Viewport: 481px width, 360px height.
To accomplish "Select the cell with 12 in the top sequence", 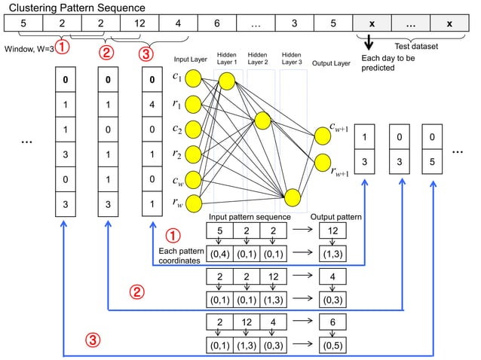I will click(140, 23).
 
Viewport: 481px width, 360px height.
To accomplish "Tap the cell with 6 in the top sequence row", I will click(217, 23).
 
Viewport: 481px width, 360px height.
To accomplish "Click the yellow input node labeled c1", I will click(192, 78).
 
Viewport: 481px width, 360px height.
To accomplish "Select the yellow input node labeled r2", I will click(192, 154).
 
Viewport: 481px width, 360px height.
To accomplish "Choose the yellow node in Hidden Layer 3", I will click(293, 197).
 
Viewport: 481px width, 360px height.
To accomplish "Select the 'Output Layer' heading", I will click(331, 63).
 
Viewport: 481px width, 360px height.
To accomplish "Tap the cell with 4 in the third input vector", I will click(153, 105).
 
